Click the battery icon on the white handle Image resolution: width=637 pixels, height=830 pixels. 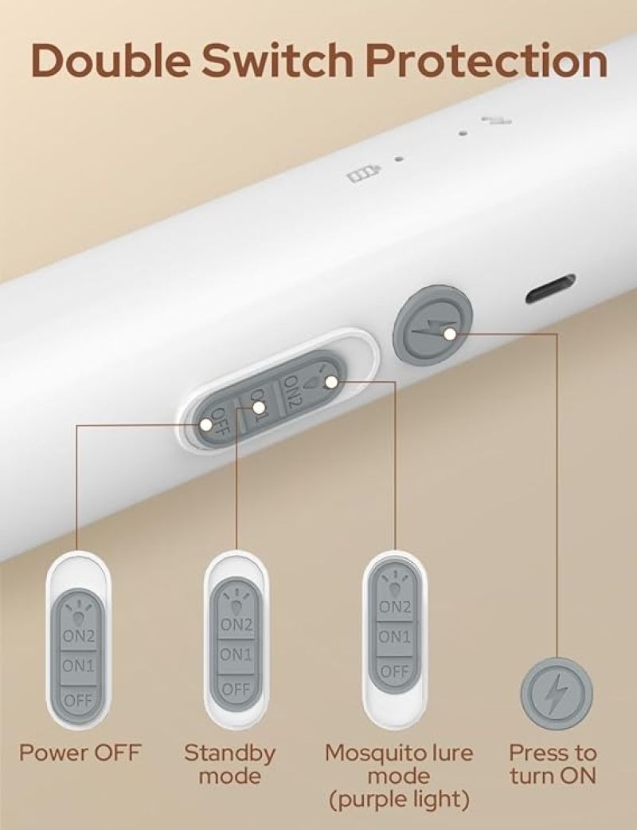(x=364, y=175)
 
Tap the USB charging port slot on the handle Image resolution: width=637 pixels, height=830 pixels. (x=550, y=289)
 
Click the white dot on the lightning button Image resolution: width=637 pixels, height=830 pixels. (x=449, y=334)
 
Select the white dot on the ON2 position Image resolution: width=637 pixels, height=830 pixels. (x=331, y=382)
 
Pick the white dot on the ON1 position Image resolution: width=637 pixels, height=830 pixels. (x=259, y=407)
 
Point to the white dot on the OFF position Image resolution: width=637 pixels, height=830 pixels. (x=206, y=424)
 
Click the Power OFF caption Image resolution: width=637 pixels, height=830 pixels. (x=80, y=752)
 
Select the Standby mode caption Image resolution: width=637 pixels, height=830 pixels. (x=229, y=765)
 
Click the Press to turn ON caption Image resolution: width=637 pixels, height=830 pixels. (x=553, y=765)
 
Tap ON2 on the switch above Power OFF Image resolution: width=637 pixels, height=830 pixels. (x=78, y=635)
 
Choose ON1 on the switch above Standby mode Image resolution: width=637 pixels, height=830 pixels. (x=236, y=655)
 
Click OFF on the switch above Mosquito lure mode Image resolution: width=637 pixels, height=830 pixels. (x=394, y=671)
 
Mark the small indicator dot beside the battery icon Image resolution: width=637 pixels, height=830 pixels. (x=400, y=159)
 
